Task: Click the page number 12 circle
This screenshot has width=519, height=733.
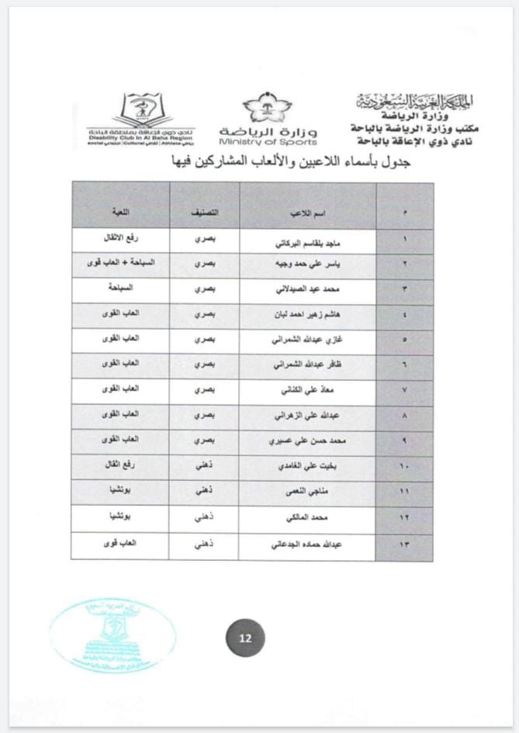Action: (x=245, y=639)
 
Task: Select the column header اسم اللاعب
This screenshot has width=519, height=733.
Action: (x=308, y=212)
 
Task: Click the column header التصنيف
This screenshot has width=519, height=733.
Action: (x=204, y=212)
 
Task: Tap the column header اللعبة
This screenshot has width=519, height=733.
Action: (x=120, y=212)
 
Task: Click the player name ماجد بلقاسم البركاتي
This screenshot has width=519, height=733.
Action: (x=308, y=242)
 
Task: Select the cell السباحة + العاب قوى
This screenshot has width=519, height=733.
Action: (x=120, y=263)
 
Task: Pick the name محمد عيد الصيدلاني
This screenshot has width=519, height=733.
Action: (x=308, y=289)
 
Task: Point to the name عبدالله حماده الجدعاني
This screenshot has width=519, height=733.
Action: (x=308, y=545)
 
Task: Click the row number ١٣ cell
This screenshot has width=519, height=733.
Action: (x=404, y=545)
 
